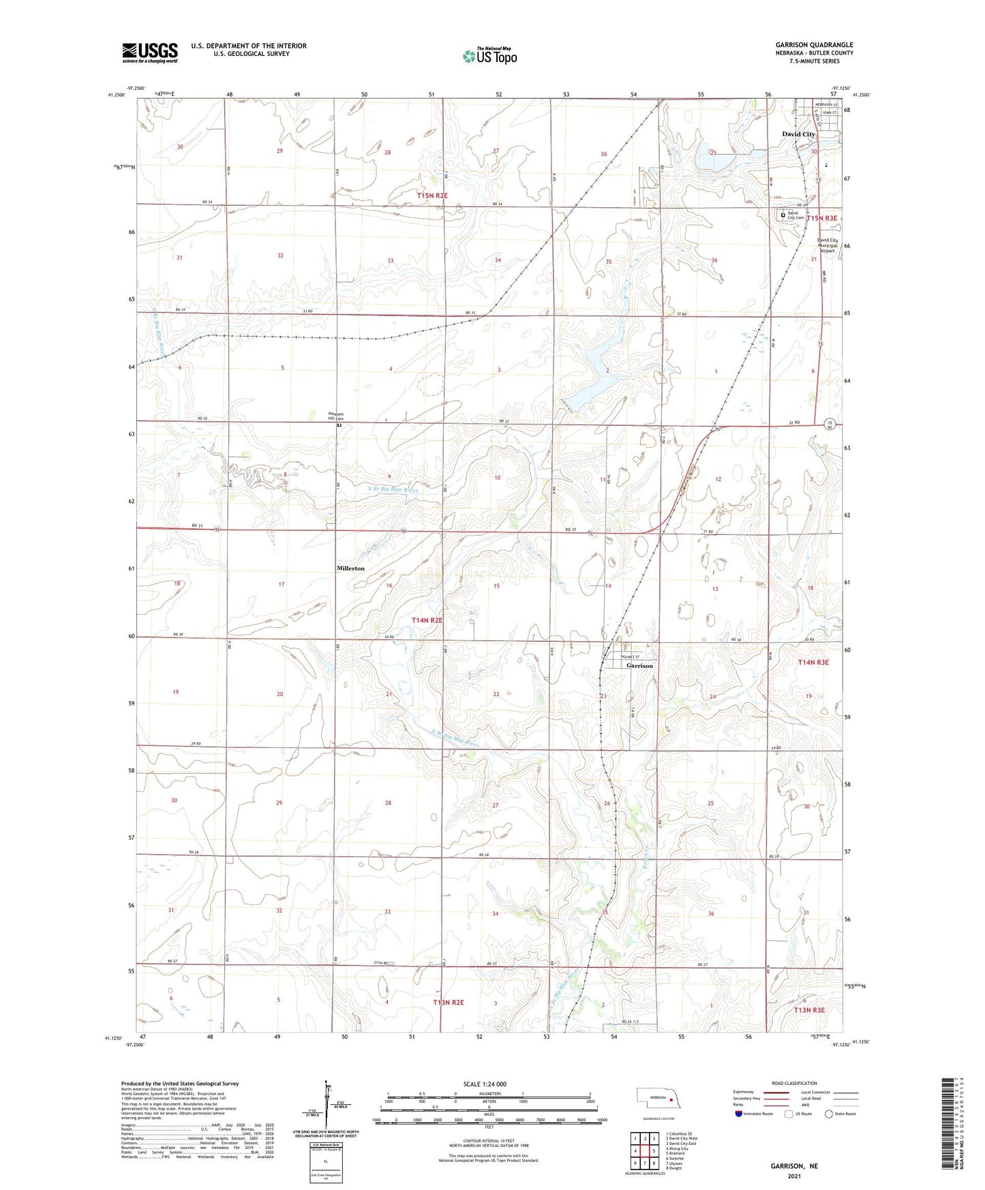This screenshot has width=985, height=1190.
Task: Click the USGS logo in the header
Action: (x=150, y=52)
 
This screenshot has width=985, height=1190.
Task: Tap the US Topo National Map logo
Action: (x=489, y=56)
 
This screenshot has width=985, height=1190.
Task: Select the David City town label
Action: (x=798, y=134)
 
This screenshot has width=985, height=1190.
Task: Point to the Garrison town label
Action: (x=639, y=665)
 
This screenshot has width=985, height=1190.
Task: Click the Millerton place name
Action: (x=350, y=568)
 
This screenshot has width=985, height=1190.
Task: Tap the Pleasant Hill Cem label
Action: (x=336, y=416)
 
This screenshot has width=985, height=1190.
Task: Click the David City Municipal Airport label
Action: (x=828, y=245)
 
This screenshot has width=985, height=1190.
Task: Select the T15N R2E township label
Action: (x=433, y=196)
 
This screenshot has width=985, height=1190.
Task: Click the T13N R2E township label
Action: (x=448, y=1002)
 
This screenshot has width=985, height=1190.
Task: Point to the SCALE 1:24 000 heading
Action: (x=485, y=1084)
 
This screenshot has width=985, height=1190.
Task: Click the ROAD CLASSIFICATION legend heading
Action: (x=794, y=1083)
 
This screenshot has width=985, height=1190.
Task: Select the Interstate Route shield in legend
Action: (x=739, y=1114)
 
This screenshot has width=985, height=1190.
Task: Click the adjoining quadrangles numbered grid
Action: (x=644, y=1151)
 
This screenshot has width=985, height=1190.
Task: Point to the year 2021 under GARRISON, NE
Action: (x=794, y=1176)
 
